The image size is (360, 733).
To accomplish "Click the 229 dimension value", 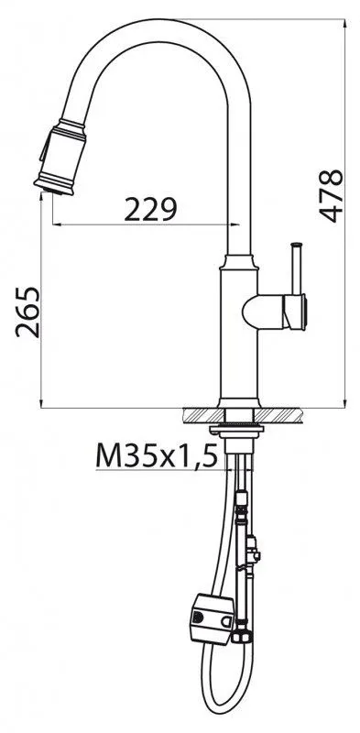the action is point(150,209).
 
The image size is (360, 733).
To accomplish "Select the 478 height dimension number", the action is point(331,195).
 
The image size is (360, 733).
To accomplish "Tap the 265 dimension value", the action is point(27,312).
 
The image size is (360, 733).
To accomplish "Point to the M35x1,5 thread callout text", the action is point(157,455).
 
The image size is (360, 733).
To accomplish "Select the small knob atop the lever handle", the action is point(297,244).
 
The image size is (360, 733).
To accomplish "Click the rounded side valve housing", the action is point(274,312).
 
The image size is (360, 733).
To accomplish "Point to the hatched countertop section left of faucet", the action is point(204,415).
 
